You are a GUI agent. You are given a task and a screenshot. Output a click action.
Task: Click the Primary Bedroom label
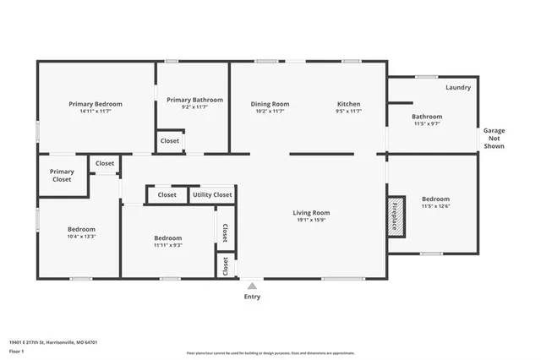pyautogui.click(x=96, y=103)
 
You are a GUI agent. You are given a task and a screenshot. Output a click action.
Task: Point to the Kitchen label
pyautogui.click(x=349, y=103)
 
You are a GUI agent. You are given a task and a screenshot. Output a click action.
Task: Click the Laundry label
pyautogui.click(x=457, y=87)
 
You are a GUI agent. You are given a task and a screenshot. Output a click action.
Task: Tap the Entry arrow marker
pyautogui.click(x=252, y=286)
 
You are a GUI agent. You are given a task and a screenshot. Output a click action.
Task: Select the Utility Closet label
pyautogui.click(x=212, y=194)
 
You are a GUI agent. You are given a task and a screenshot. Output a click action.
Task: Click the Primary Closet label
pyautogui.click(x=62, y=176)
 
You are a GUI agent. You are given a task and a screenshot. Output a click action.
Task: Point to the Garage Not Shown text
pyautogui.click(x=494, y=139)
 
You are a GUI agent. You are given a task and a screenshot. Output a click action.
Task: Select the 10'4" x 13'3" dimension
pyautogui.click(x=81, y=237)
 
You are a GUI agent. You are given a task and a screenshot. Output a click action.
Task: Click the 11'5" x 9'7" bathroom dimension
pyautogui.click(x=427, y=124)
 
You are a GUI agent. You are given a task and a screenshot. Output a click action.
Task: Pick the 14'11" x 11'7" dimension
pyautogui.click(x=96, y=111)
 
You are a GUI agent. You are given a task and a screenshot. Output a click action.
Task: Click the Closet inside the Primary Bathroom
pyautogui.click(x=169, y=140)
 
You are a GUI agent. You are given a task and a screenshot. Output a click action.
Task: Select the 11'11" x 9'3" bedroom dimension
pyautogui.click(x=167, y=246)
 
